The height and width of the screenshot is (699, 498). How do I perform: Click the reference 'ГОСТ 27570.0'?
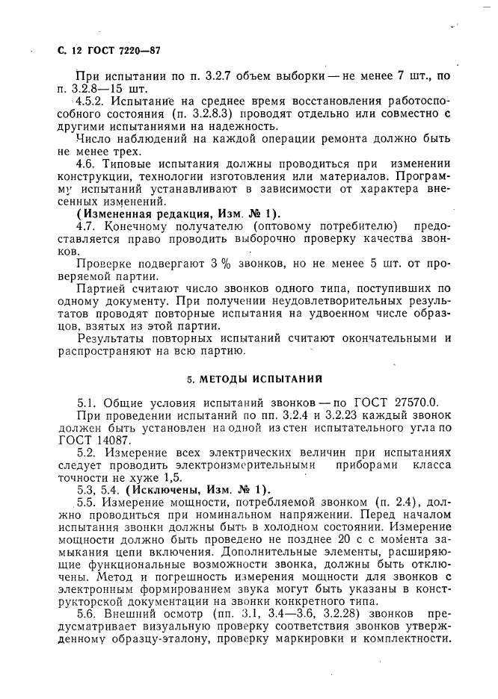[x=401, y=404]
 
